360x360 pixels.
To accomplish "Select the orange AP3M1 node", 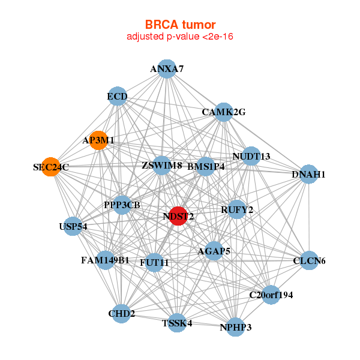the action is point(98,140).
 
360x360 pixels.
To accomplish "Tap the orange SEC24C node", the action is point(51,167).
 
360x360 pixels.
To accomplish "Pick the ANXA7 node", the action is point(167,69).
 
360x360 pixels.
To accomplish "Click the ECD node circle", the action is point(118,96).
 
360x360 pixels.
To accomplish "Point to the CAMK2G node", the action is point(224,112).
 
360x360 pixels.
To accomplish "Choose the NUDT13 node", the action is point(251,156).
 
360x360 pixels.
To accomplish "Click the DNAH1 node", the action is point(308,175).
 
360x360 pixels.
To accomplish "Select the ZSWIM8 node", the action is point(162,165).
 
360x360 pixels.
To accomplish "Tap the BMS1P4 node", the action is point(206,167).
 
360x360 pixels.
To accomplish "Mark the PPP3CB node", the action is point(122,205).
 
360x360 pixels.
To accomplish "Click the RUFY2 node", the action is point(237,209).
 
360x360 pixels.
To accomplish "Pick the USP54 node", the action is point(73,226).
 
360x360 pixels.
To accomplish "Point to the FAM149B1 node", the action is point(106,260).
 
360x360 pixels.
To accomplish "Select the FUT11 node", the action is point(155,262).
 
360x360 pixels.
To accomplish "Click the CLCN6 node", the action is point(309,261).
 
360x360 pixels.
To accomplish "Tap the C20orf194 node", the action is point(271,295).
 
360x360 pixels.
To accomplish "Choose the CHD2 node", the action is point(122,313).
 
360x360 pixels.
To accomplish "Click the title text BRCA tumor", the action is point(180,25).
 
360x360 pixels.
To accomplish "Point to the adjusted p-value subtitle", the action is point(180,37).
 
